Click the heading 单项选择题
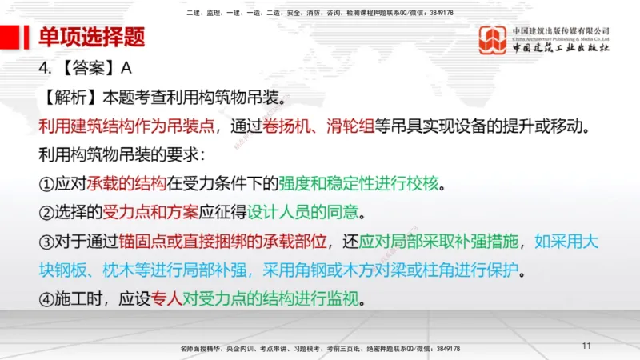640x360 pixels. [x=92, y=37]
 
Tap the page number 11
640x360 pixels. [x=586, y=346]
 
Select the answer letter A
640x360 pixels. [x=126, y=67]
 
